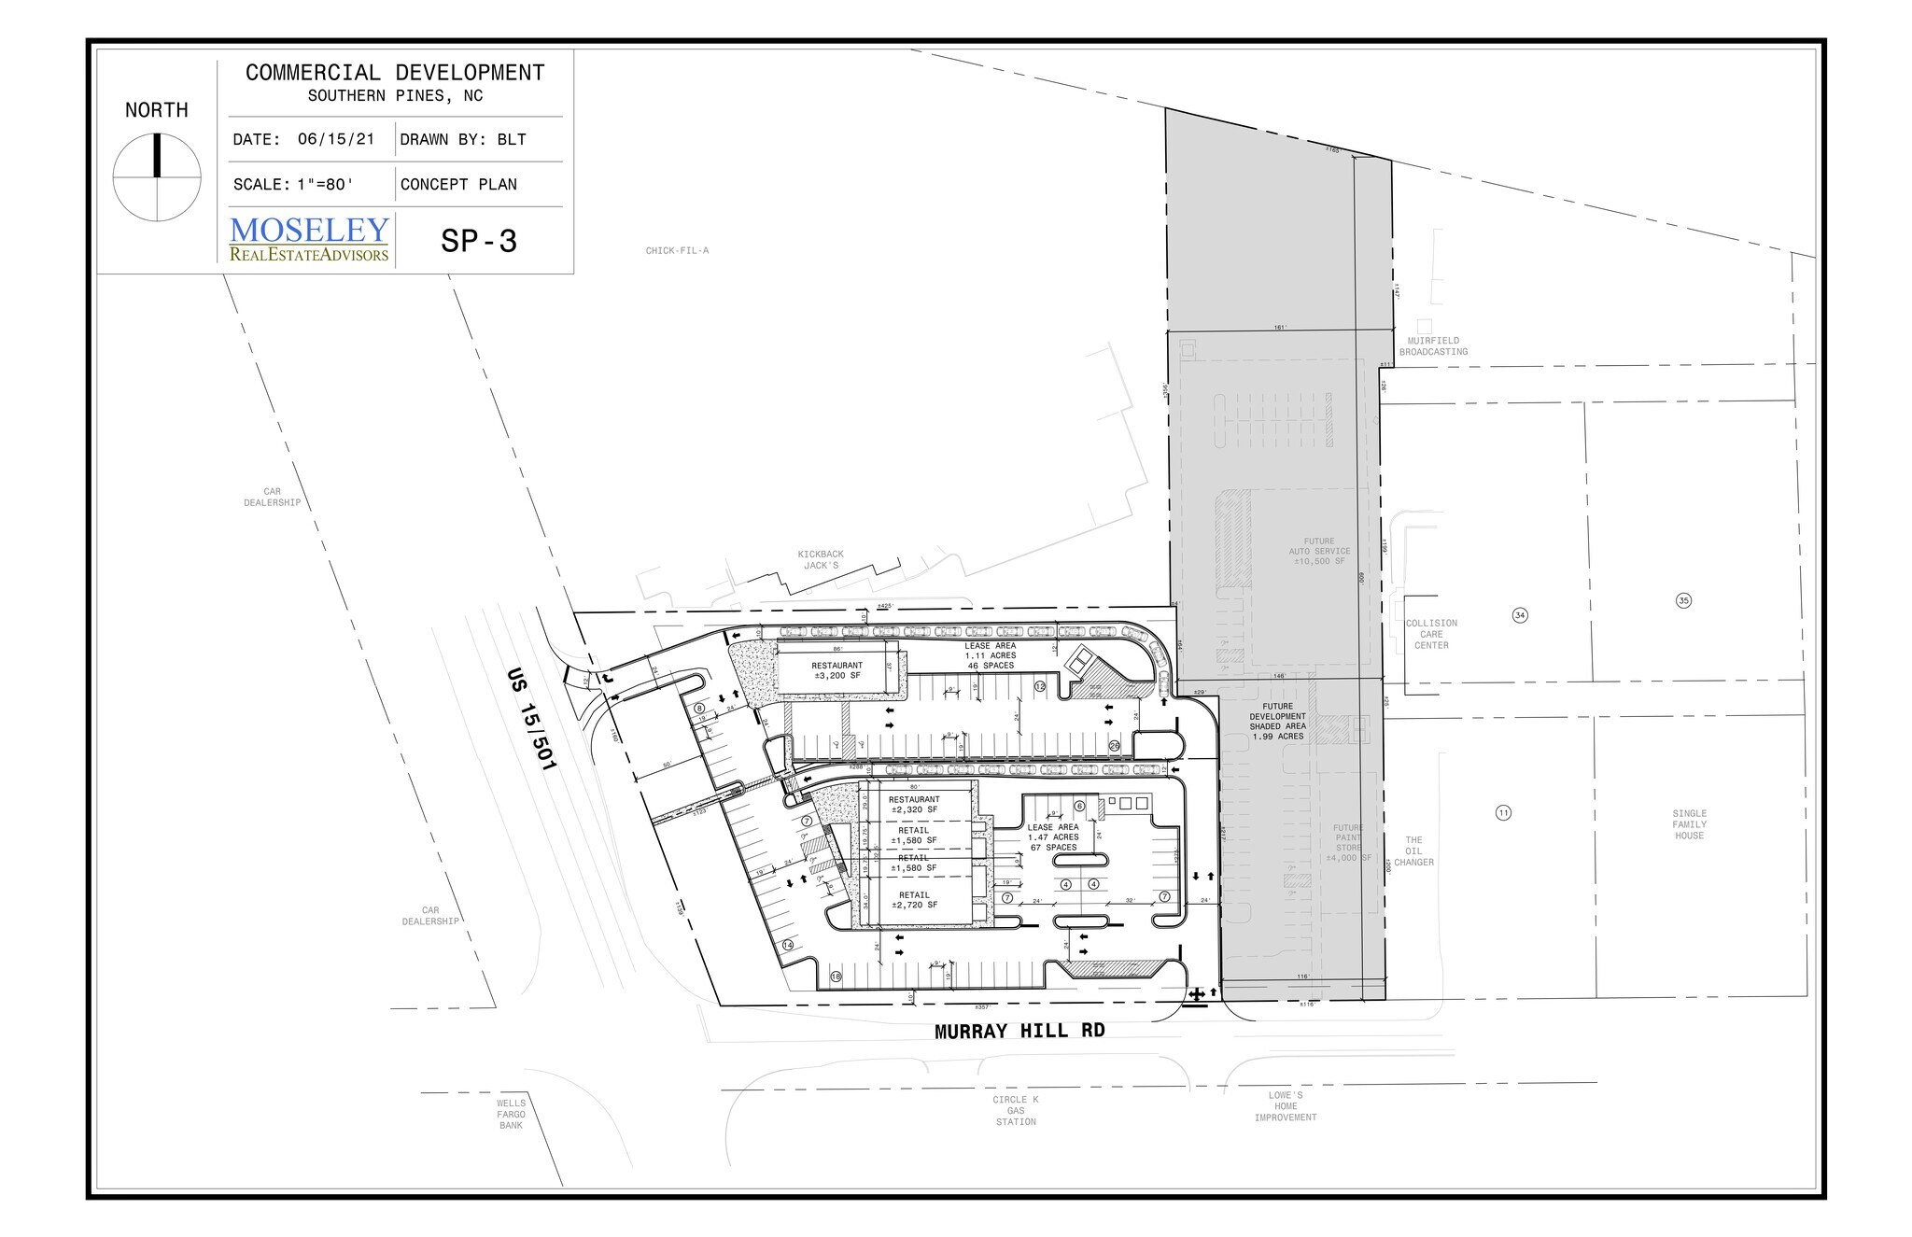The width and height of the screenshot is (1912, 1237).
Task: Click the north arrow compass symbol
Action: point(157,176)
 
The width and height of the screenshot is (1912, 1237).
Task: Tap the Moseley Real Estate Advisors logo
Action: point(309,239)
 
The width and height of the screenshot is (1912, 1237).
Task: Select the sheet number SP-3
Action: point(479,242)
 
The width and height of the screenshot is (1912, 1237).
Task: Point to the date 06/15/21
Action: point(336,140)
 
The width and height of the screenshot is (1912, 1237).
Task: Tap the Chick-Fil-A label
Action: point(677,251)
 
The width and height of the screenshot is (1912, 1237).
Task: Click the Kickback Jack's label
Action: point(820,560)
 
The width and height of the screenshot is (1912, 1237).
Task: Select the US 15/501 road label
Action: point(531,718)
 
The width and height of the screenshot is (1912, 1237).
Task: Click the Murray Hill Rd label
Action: point(1020,1032)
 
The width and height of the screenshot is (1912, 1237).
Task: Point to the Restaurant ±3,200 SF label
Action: point(836,670)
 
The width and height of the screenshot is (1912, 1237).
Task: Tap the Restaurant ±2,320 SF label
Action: point(914,805)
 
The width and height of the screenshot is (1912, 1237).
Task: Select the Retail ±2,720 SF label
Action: point(914,900)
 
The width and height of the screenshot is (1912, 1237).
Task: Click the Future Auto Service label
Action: point(1317,552)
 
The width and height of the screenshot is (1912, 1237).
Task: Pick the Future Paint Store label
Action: point(1348,843)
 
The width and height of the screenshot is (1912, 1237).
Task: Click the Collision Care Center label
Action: point(1431,634)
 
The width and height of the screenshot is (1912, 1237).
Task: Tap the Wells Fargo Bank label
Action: point(511,1115)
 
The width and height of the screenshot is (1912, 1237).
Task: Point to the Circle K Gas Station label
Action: point(1016,1111)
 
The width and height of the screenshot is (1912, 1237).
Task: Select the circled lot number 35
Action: point(1684,600)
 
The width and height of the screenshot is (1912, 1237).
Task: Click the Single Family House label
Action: point(1689,824)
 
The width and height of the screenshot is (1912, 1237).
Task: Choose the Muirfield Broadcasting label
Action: point(1433,346)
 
